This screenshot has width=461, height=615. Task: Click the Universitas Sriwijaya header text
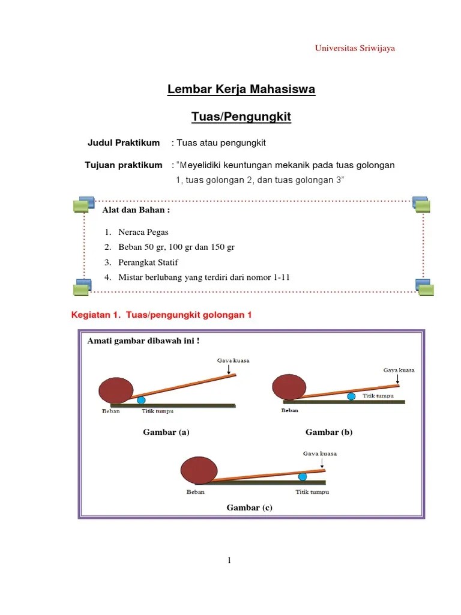355,49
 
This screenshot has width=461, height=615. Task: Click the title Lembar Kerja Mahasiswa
241,90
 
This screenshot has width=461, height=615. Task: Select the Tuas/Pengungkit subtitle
241,117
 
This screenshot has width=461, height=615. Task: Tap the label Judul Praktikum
124,143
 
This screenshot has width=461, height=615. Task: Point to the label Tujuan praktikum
124,165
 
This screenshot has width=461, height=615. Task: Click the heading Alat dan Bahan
136,210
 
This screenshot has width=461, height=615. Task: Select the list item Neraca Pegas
143,232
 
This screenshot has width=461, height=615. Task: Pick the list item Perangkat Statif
148,262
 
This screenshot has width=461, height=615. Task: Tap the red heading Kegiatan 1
161,315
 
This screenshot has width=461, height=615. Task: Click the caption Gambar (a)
166,432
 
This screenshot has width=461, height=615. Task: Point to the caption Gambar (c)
249,508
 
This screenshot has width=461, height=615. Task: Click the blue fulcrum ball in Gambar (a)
141,399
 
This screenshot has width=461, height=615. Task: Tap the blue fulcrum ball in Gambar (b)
350,396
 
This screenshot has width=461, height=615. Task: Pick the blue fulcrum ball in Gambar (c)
303,477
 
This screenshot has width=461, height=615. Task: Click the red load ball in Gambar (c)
199,469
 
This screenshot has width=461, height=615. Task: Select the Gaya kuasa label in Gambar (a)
233,361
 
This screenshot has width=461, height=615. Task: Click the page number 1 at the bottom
229,561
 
